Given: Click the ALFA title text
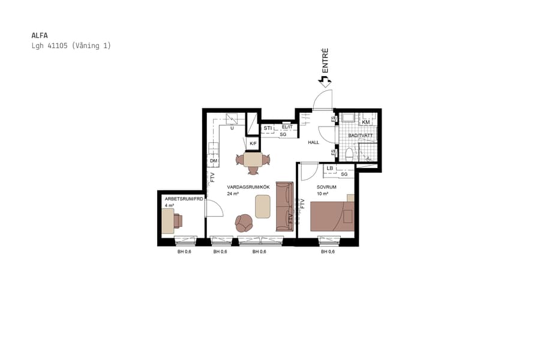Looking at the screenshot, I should (x=39, y=35).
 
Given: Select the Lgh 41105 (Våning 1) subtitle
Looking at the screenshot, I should (x=71, y=46).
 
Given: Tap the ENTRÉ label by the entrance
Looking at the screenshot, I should (x=325, y=61).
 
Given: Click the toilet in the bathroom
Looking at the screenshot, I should (x=350, y=154).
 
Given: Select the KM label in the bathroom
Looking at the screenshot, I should (x=365, y=122).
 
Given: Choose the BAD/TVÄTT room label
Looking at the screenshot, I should (x=361, y=136).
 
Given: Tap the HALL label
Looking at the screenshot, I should (x=313, y=143).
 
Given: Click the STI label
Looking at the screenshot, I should (x=268, y=128).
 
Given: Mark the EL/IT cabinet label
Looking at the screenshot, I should (x=287, y=127).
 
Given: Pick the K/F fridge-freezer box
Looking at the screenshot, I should (x=253, y=143).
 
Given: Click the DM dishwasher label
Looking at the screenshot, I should (x=213, y=161).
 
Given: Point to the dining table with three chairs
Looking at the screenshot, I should (x=253, y=160).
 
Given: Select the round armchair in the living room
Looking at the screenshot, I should (x=244, y=223).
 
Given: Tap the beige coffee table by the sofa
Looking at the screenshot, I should (x=263, y=207).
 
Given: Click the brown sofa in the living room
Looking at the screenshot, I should (x=284, y=206).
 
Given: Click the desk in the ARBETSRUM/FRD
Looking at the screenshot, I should (x=168, y=220).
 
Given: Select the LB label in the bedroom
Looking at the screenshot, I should (x=329, y=169).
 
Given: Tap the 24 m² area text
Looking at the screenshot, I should (x=233, y=194).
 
